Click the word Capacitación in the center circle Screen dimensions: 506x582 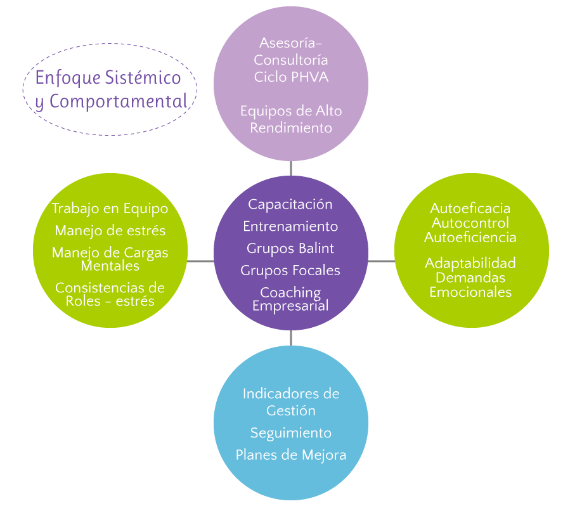290,204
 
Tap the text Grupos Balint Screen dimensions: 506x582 290,248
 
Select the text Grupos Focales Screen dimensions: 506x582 290,270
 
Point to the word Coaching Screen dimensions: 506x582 290,293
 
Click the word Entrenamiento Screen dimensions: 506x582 290,226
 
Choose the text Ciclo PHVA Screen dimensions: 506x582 291,77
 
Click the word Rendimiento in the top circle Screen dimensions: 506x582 291,127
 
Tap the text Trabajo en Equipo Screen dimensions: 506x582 110,209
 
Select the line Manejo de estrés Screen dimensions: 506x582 110,230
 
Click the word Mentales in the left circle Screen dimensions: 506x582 110,266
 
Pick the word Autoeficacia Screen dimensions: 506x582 470,208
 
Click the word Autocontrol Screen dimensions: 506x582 470,223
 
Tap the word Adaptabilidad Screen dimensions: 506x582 470,263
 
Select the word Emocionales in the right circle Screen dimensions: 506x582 470,292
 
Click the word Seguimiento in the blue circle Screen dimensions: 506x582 291,433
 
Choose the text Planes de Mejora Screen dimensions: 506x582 291,455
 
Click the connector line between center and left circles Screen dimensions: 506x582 200,261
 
